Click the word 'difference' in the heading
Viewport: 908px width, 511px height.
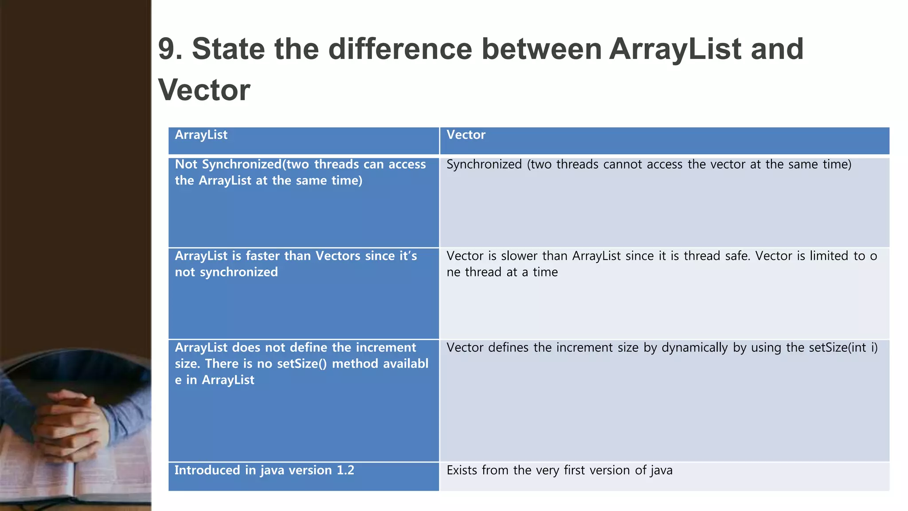tap(400, 49)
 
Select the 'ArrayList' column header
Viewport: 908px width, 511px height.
tap(201, 135)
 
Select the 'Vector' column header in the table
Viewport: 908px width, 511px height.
tap(466, 135)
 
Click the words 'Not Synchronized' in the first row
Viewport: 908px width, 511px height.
tap(228, 165)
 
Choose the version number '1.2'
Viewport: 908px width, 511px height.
tap(345, 470)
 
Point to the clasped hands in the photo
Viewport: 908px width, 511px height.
tap(73, 417)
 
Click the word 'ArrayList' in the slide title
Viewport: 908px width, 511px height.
tap(675, 49)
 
